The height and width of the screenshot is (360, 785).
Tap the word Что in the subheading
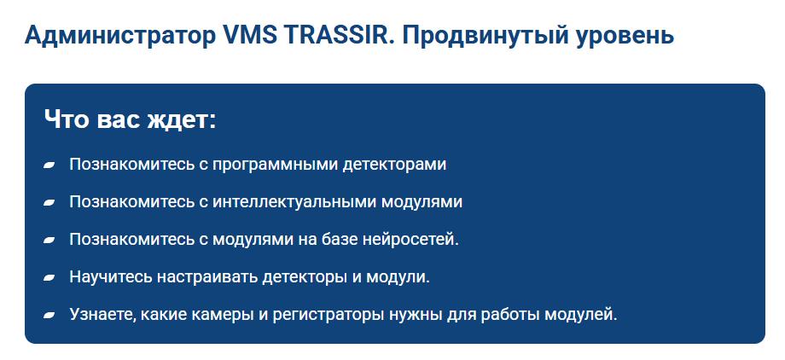67,119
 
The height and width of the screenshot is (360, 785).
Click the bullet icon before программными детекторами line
49,165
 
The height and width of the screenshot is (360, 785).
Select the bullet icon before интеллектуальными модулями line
49,202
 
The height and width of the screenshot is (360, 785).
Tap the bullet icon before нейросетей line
49,240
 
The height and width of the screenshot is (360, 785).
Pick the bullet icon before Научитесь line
49,277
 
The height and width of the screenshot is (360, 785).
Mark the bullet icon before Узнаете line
49,315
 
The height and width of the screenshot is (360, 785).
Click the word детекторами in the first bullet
394,165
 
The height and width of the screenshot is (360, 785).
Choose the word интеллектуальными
295,202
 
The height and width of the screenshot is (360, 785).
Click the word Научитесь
111,277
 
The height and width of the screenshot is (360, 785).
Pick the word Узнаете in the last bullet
102,315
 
